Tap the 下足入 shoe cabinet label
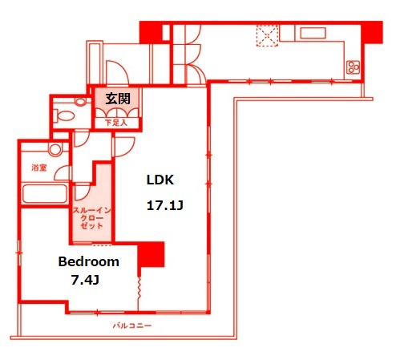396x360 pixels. [117, 122]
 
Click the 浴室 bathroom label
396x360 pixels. [38, 168]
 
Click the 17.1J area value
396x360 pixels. [164, 206]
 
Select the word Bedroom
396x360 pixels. [88, 261]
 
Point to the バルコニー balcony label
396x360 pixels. [131, 326]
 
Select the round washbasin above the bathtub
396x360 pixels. [55, 150]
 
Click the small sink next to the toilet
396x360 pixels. [81, 102]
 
